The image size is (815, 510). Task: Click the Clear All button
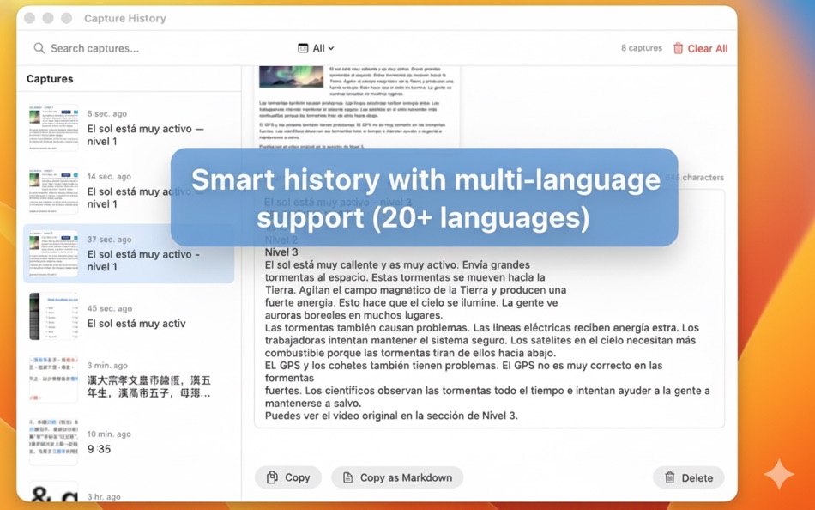700,49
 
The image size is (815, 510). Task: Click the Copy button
288,477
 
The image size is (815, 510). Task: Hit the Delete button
688,477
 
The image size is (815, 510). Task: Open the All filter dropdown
316,49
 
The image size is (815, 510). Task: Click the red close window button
30,18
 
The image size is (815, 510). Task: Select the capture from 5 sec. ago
129,127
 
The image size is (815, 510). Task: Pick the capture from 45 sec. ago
129,316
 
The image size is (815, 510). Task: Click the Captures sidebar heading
50,79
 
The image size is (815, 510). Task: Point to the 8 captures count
641,49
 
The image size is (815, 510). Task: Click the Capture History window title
125,18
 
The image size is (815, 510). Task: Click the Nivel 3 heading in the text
281,252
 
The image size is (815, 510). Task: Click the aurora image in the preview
291,77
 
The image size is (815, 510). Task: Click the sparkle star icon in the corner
779,474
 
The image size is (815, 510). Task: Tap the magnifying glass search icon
39,49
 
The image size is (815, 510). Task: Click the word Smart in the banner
226,180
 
